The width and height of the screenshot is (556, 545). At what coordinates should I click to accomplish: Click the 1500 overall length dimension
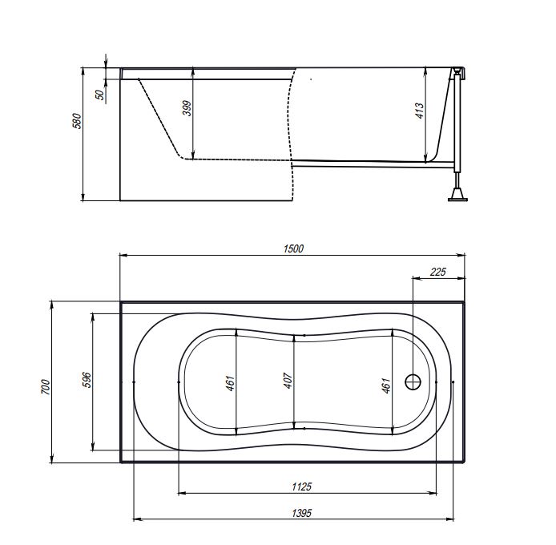pyautogui.click(x=293, y=248)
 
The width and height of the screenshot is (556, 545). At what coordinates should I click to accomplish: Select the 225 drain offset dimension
pyautogui.click(x=438, y=272)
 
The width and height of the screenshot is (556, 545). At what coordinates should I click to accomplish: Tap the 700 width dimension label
pyautogui.click(x=46, y=387)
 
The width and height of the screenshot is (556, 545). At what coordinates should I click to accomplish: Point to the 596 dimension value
pyautogui.click(x=87, y=380)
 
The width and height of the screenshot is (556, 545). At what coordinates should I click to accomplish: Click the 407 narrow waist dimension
pyautogui.click(x=288, y=381)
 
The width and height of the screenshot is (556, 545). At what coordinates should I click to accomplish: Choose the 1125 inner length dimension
pyautogui.click(x=302, y=486)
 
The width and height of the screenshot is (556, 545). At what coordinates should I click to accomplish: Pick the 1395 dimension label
pyautogui.click(x=302, y=513)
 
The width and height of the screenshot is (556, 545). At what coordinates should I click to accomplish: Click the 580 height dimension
pyautogui.click(x=77, y=121)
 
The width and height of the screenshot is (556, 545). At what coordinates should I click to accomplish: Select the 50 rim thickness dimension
pyautogui.click(x=100, y=95)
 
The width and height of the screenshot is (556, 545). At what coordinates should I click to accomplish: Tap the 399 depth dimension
pyautogui.click(x=187, y=108)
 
